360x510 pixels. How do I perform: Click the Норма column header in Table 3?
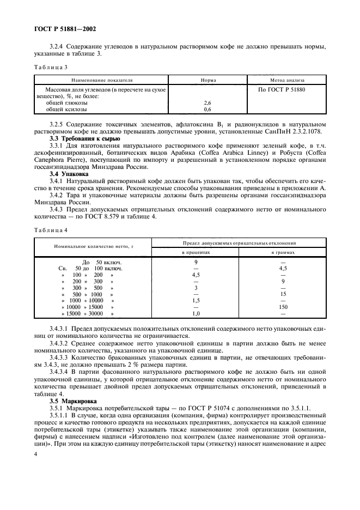tap(208, 80)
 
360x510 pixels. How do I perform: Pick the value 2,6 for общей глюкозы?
tap(208, 102)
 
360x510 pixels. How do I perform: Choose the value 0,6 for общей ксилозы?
tap(208, 110)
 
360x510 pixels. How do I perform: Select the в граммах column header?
tap(283, 252)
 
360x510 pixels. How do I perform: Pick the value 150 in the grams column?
tap(283, 307)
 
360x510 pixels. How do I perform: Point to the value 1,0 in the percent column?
tap(196, 314)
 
